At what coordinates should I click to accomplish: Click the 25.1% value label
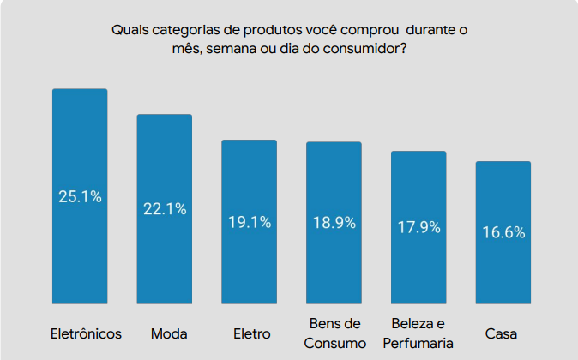pyautogui.click(x=80, y=197)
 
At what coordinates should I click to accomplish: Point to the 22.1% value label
pyautogui.click(x=165, y=209)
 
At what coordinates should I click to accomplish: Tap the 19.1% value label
pyautogui.click(x=250, y=222)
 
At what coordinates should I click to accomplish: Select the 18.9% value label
pyautogui.click(x=334, y=223)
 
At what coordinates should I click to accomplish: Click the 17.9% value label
pyautogui.click(x=418, y=227)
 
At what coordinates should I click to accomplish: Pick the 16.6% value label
pyautogui.click(x=503, y=232)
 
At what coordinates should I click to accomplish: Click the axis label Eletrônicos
pyautogui.click(x=86, y=333)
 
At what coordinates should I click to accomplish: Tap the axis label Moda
pyautogui.click(x=169, y=333)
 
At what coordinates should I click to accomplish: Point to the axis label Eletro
pyautogui.click(x=251, y=333)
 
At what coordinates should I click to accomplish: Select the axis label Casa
pyautogui.click(x=501, y=333)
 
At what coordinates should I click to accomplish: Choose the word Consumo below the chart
pyautogui.click(x=334, y=343)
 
